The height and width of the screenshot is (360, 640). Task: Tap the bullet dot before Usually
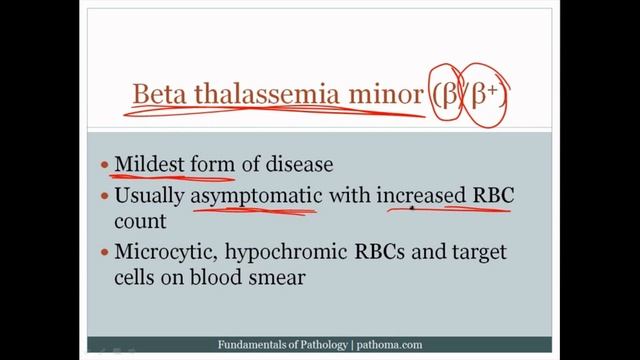pyautogui.click(x=103, y=196)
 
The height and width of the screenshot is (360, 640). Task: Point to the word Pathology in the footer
pyautogui.click(x=317, y=345)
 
